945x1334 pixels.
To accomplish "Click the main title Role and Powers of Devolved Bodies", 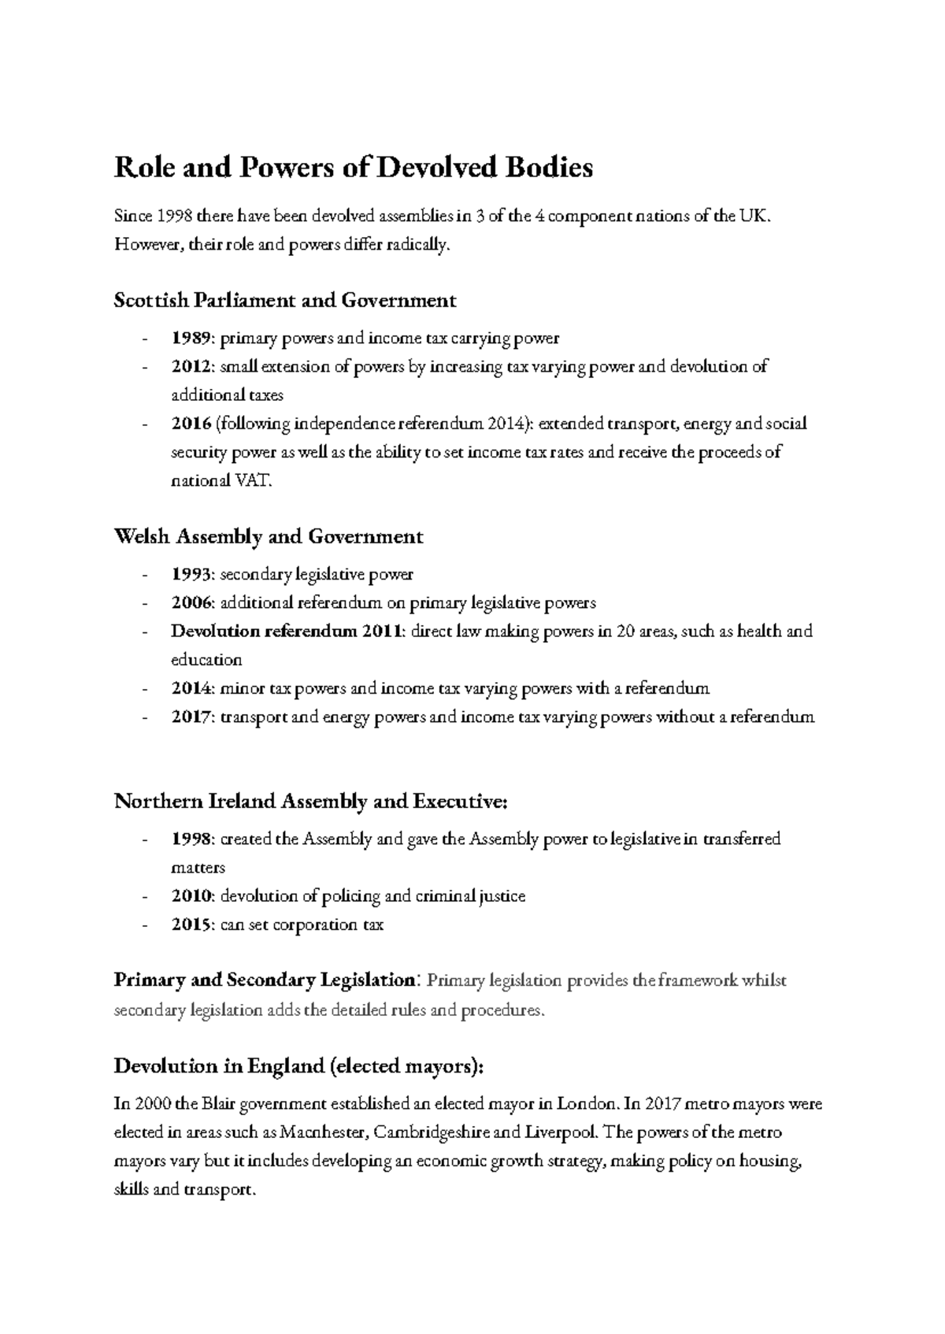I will (353, 168).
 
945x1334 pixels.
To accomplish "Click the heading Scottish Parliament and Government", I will (285, 300).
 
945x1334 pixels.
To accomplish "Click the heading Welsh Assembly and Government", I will (269, 537).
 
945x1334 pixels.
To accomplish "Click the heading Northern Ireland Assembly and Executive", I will (311, 802).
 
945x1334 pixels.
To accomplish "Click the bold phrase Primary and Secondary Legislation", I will (265, 981).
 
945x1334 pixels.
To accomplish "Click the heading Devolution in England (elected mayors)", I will (298, 1066).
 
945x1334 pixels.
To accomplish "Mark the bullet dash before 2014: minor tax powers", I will (144, 689).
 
